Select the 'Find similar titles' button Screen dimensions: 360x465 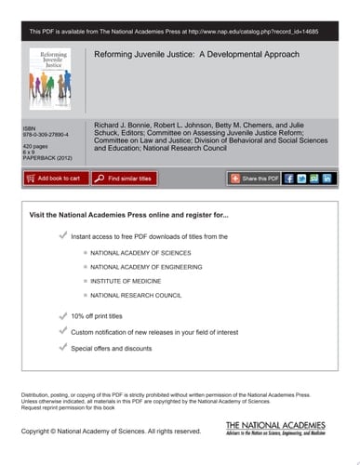pos(128,178)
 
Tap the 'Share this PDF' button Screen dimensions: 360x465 pos(253,178)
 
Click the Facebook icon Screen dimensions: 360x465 pos(289,178)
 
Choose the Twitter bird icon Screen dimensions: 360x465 pos(302,178)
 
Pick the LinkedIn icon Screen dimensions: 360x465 pos(328,178)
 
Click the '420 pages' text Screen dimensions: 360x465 pos(35,147)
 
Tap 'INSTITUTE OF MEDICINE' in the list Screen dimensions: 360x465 pos(127,280)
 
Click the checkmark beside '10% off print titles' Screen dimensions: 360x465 pos(62,316)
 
